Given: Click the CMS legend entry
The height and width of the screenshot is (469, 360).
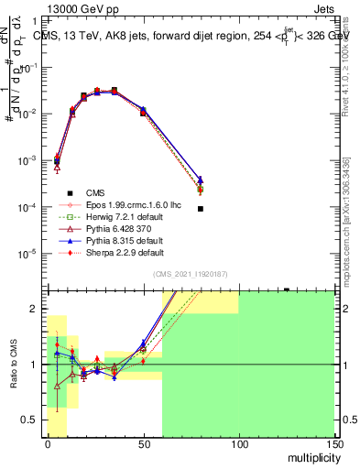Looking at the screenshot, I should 94,191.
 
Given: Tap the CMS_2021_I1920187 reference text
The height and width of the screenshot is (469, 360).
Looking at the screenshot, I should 191,275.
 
